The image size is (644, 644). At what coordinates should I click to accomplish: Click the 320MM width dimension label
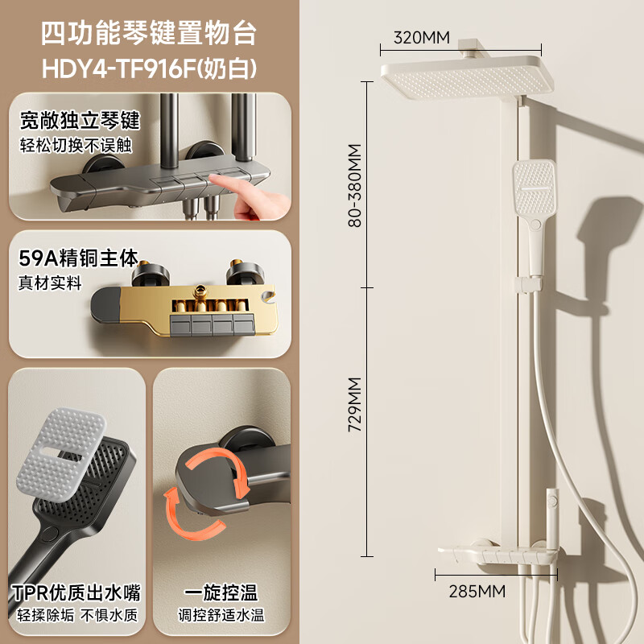tap(422, 37)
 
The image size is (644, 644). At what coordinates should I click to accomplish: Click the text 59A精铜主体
tap(79, 259)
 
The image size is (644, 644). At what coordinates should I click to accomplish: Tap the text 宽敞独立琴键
tap(80, 122)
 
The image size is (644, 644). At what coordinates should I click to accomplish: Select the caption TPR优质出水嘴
tap(77, 593)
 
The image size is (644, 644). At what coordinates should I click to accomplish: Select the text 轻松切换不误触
tap(76, 145)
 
